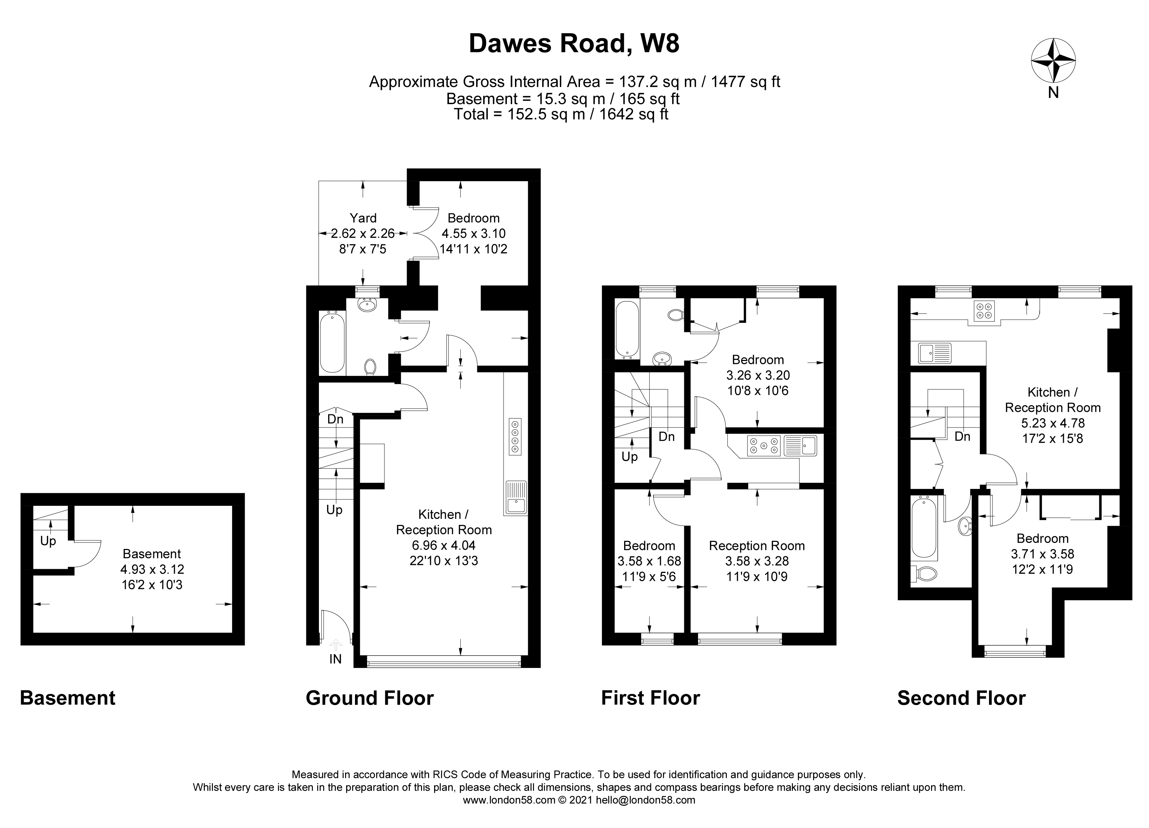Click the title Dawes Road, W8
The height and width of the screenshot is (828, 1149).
click(x=574, y=43)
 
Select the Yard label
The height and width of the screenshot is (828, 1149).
click(x=363, y=218)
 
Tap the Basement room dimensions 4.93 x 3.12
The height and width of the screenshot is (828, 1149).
click(x=152, y=569)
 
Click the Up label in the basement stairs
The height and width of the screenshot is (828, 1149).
click(x=48, y=541)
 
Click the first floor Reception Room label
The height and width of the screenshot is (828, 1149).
click(x=756, y=546)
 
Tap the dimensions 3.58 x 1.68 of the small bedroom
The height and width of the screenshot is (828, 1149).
click(x=649, y=561)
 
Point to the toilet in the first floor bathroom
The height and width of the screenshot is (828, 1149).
click(x=675, y=315)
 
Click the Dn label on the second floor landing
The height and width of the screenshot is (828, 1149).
click(x=962, y=436)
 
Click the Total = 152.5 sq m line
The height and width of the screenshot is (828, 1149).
click(x=561, y=114)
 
